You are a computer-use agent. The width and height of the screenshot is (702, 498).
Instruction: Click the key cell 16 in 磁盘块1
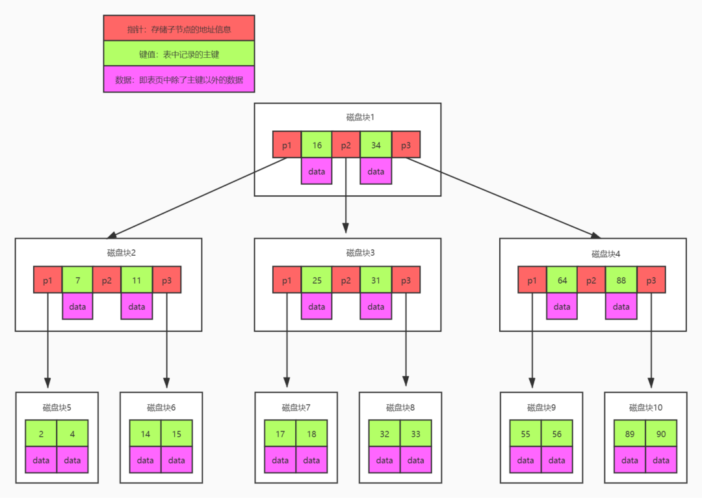317,145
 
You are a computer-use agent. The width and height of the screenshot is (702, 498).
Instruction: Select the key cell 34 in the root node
376,145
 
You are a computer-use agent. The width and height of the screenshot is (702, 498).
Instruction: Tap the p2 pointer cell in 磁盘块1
346,145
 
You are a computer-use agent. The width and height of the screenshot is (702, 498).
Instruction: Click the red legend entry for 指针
179,29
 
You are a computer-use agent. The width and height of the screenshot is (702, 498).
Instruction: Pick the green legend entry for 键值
179,53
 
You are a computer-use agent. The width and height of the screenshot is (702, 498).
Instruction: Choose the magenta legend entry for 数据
179,79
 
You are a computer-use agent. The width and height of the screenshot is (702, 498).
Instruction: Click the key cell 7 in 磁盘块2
77,279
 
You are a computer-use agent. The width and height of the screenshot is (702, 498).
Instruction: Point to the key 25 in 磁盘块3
317,279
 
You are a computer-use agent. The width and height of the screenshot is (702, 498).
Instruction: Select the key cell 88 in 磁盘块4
621,279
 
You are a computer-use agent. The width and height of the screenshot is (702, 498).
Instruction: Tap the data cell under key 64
562,306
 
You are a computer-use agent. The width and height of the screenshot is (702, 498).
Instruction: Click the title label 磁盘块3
360,253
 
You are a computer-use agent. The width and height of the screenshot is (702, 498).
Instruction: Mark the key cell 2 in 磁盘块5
41,433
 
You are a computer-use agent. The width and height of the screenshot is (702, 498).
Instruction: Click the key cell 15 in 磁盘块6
176,433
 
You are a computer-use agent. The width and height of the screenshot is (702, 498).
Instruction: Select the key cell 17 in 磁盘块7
280,433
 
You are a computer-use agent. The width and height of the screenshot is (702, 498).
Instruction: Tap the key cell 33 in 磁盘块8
415,433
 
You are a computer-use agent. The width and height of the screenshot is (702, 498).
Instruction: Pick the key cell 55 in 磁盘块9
525,433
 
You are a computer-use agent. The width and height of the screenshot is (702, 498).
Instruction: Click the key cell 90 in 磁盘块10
660,433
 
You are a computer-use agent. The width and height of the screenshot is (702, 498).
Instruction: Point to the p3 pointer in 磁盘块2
166,279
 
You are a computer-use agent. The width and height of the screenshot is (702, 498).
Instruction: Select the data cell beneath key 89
629,460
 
